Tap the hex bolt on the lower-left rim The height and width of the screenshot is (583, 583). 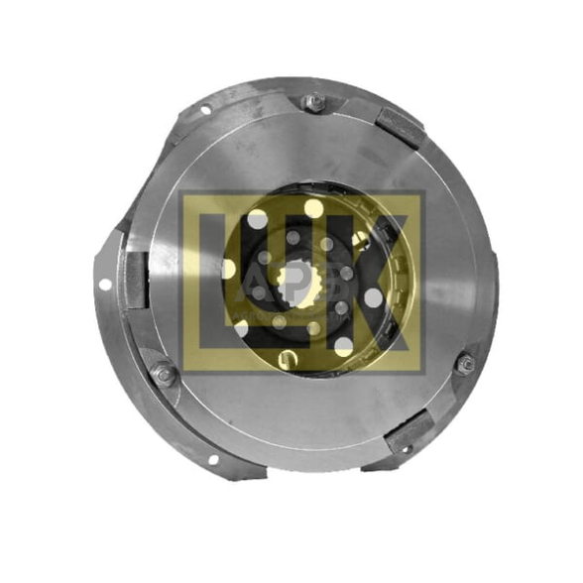163,376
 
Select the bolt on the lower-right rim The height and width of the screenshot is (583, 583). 465,364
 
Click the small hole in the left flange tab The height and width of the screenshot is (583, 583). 105,285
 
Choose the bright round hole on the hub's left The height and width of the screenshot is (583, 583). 229,269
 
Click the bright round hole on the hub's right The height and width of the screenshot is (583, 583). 374,296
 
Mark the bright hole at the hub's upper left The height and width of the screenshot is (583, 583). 258,220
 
